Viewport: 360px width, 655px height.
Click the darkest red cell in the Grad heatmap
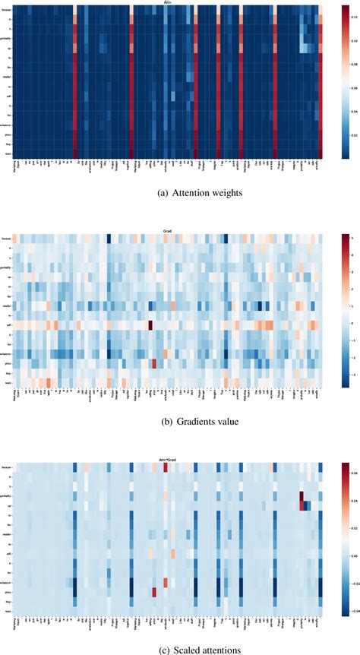tap(150, 325)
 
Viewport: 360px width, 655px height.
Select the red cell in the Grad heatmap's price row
tap(154, 363)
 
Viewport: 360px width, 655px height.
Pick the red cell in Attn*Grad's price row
tap(154, 592)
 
